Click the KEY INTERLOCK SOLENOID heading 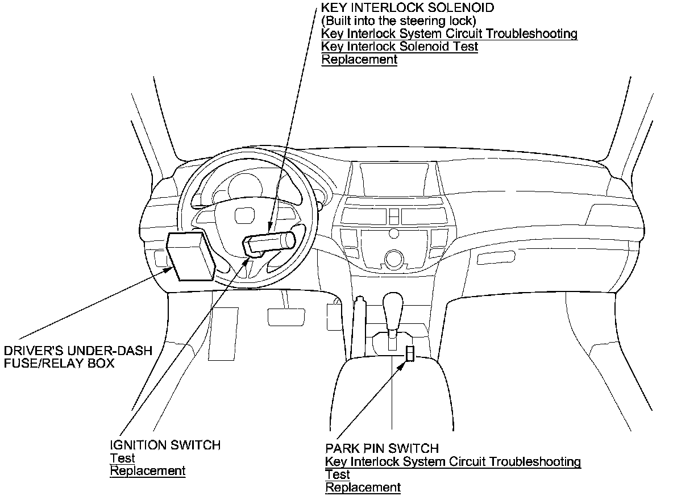(x=408, y=8)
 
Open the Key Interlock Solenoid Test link (x=400, y=47)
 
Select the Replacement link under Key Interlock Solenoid (x=359, y=60)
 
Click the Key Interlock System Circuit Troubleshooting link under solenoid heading (x=449, y=34)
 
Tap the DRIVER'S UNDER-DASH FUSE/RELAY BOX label (x=78, y=357)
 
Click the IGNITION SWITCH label (x=165, y=445)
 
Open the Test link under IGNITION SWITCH (x=122, y=458)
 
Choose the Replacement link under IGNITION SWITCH (x=148, y=471)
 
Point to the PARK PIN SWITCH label (x=382, y=448)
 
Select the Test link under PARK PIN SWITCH (x=338, y=474)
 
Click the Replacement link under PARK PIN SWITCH (x=363, y=488)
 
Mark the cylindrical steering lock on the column (x=270, y=243)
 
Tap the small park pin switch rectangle (x=410, y=353)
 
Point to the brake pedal (x=286, y=315)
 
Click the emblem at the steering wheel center (x=244, y=216)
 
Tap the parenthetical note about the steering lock (x=398, y=21)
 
